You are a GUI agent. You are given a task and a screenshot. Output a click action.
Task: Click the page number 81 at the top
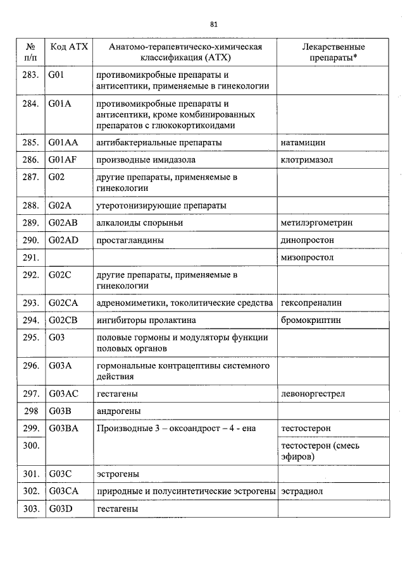213,24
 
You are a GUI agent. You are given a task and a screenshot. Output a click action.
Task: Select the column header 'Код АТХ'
69,47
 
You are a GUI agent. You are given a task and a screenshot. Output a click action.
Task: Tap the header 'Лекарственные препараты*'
333,52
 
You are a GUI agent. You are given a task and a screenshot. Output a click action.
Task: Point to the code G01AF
63,161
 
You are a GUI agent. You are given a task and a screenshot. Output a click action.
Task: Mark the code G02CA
63,303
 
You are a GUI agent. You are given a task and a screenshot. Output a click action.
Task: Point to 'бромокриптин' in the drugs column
311,320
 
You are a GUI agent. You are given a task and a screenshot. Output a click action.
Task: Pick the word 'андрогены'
118,411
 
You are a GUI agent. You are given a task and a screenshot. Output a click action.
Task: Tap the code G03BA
63,429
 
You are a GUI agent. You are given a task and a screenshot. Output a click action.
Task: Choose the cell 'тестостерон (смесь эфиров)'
320,451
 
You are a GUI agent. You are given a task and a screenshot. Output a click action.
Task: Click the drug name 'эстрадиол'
301,490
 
